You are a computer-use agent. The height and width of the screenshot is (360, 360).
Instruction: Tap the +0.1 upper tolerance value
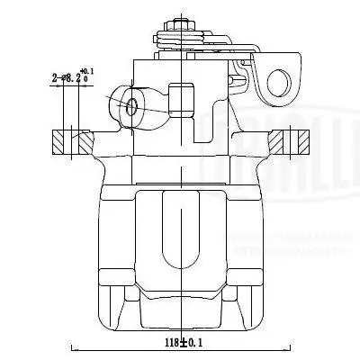[x=87, y=70]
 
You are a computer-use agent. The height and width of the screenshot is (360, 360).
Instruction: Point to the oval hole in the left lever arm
[x=133, y=106]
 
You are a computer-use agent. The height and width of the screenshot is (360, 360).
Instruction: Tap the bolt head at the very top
[x=180, y=22]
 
